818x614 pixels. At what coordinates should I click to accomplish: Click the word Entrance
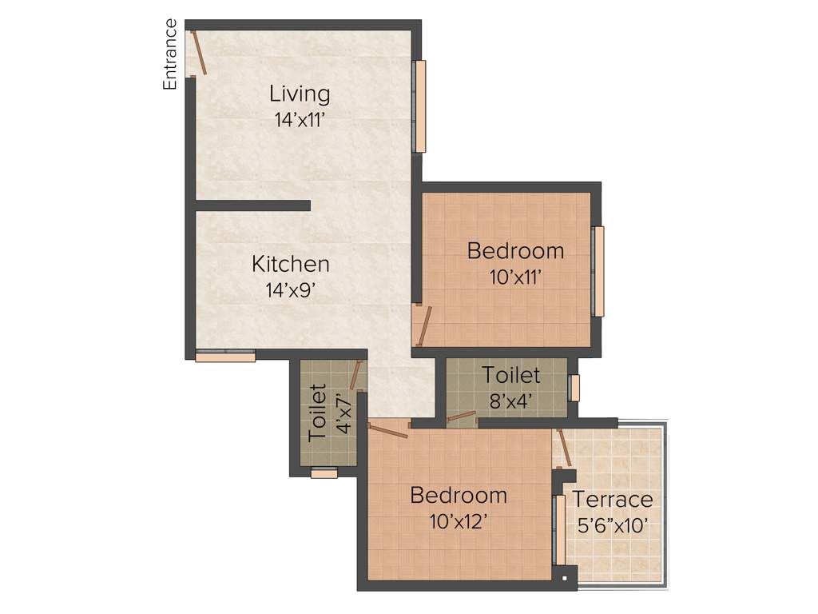(170, 54)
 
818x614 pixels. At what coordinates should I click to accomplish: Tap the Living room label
(300, 94)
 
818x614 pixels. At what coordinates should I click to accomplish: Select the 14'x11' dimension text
(300, 121)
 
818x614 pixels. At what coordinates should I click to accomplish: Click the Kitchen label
(291, 263)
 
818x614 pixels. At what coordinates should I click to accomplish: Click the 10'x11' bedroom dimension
(515, 278)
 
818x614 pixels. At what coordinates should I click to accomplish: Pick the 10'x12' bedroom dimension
(459, 522)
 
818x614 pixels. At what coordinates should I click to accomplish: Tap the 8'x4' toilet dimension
(511, 400)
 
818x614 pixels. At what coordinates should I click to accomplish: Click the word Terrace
(613, 500)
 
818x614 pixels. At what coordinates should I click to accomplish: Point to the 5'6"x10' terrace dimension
(612, 526)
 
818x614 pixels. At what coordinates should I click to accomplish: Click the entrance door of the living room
(198, 53)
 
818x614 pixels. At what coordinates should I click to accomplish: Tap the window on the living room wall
(419, 106)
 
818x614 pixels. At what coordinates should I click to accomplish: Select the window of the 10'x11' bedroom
(598, 271)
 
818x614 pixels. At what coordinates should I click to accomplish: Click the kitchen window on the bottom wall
(225, 357)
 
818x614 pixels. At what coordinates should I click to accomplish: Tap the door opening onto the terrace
(564, 448)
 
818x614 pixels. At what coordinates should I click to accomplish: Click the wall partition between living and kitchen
(252, 205)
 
